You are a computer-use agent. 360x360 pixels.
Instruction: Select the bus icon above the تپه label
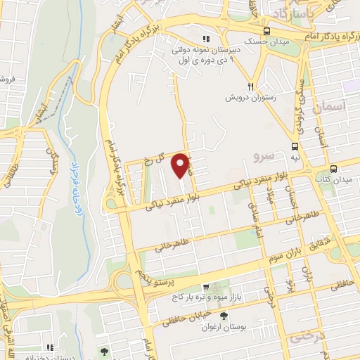click(x=294, y=146)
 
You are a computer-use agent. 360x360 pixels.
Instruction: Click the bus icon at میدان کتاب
click(x=333, y=169)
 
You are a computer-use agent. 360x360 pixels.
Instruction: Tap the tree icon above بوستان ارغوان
click(x=224, y=317)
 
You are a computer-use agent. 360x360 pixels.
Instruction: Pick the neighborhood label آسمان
click(x=333, y=108)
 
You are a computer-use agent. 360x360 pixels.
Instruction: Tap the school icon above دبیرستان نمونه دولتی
click(x=206, y=39)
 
